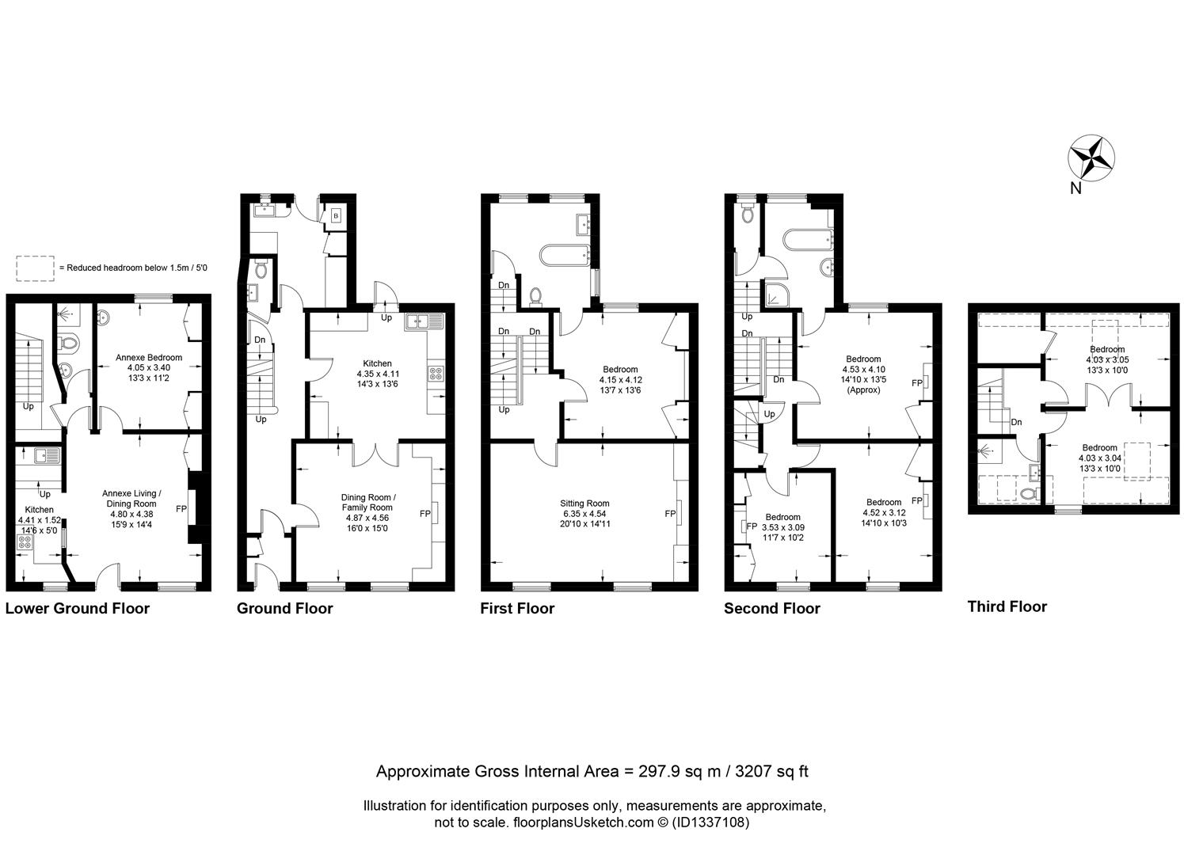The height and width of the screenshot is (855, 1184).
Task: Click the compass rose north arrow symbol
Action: coord(1091,158)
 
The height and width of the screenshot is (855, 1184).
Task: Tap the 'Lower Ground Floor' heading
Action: coord(77,608)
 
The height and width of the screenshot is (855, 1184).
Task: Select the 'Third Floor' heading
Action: coord(1007,606)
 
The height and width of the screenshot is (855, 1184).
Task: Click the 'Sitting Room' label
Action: coord(584,503)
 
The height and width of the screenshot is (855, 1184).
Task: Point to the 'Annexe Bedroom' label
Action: coord(149,357)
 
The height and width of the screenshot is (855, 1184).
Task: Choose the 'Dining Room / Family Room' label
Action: coord(368,502)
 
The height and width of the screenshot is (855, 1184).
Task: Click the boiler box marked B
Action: coord(336,215)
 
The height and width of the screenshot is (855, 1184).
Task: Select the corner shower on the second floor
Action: coord(776,293)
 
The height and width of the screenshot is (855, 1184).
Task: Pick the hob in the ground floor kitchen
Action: coord(436,374)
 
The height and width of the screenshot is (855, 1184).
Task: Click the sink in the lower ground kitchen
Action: coord(47,455)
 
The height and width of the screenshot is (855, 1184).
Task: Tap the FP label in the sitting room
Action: coord(670,513)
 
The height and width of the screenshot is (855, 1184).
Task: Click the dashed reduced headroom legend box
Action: coord(35,268)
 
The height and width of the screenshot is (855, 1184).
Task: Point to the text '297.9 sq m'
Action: coord(680,772)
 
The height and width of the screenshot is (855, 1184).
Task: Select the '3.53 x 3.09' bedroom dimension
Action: coord(782,527)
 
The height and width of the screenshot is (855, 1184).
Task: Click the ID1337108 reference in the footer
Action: coord(710,823)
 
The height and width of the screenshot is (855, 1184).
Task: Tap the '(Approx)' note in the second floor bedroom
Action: coord(864,390)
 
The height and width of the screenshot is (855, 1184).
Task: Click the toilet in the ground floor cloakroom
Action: coord(261,269)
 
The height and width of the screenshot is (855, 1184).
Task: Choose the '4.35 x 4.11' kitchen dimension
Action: coord(378,374)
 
